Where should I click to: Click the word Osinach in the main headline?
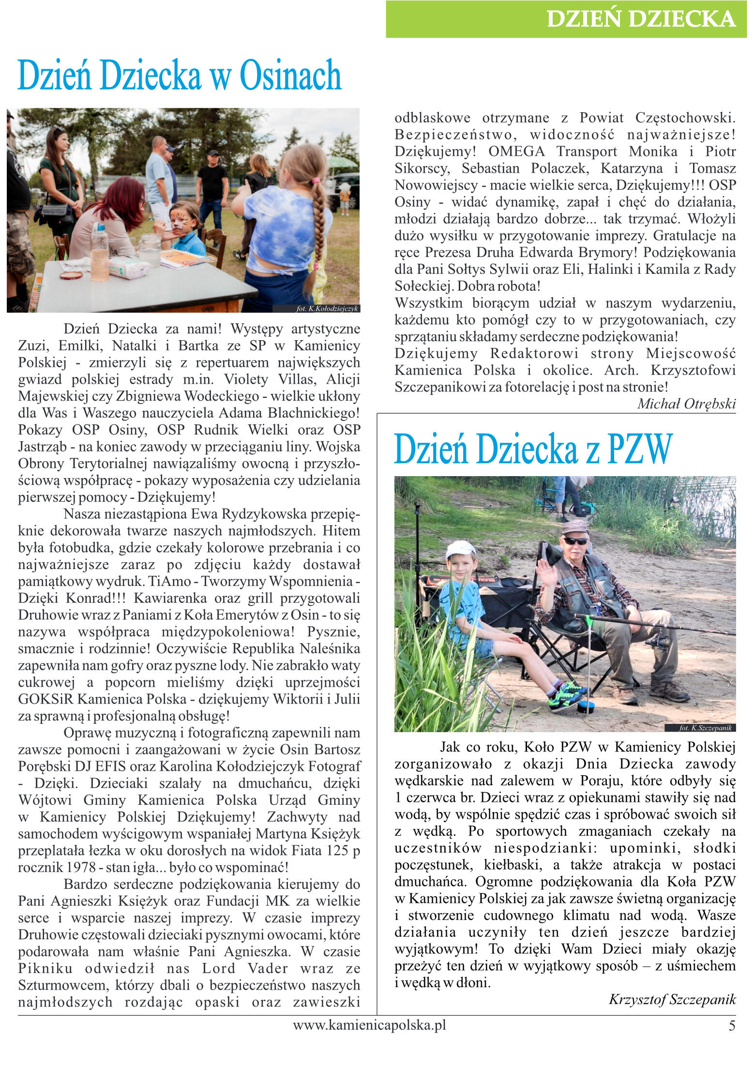coord(290,76)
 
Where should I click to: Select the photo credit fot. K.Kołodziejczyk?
coord(327,309)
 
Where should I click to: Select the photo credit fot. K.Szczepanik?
coord(705,728)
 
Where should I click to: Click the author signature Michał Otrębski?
coord(686,404)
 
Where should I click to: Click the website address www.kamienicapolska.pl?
coord(369,1025)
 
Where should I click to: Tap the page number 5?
coord(731,1026)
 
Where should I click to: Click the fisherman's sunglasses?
coord(575,541)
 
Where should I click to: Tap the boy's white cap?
coord(460,549)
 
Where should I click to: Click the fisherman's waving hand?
coord(548,572)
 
